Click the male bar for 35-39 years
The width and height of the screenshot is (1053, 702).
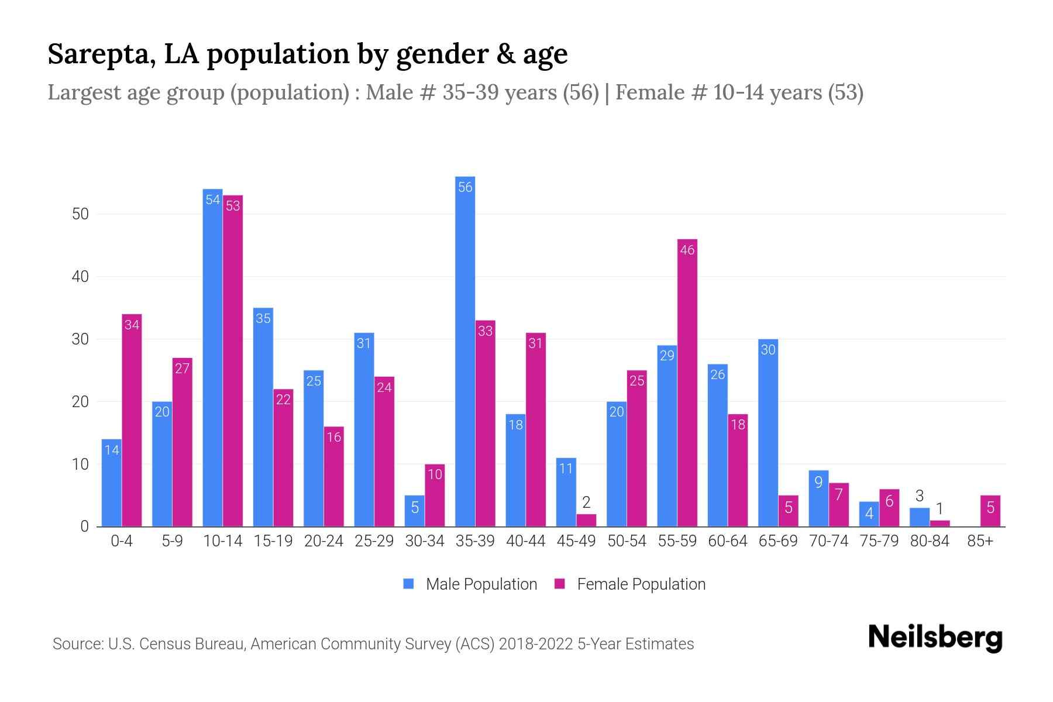click(x=465, y=351)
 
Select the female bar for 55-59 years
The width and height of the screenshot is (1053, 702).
click(x=687, y=383)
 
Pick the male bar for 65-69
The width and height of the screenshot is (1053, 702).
click(x=768, y=433)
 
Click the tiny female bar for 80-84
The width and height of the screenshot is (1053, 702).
click(x=940, y=524)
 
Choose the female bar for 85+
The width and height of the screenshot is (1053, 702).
click(x=990, y=511)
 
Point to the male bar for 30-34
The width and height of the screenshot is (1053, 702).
click(x=415, y=511)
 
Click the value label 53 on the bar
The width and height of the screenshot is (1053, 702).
click(x=233, y=206)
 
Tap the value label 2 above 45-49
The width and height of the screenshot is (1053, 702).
click(x=586, y=503)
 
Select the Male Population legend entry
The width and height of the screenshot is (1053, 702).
click(x=471, y=584)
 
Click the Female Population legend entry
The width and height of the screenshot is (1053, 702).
click(x=631, y=584)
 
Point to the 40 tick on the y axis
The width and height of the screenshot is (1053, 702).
click(x=80, y=277)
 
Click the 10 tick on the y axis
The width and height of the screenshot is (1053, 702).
click(x=80, y=464)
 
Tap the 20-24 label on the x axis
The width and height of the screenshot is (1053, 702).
click(x=324, y=541)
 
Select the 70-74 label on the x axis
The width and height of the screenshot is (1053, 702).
click(x=828, y=541)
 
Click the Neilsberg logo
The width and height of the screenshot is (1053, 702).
click(x=935, y=638)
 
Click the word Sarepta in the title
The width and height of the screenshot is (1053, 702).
click(x=101, y=54)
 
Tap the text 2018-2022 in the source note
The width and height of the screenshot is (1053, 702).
click(x=536, y=644)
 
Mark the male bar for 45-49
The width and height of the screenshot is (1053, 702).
click(x=566, y=492)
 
